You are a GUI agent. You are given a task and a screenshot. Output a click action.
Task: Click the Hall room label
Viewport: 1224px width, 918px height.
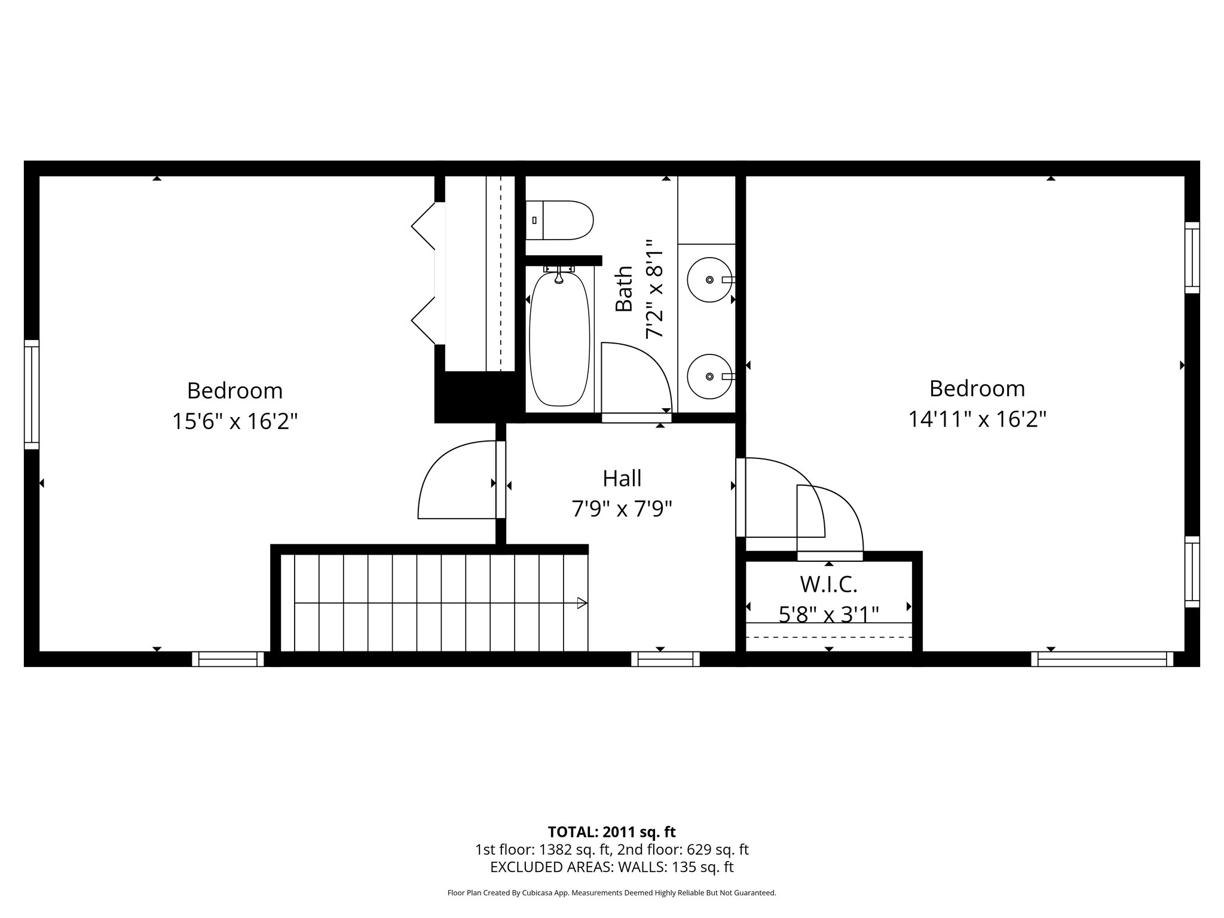tap(622, 478)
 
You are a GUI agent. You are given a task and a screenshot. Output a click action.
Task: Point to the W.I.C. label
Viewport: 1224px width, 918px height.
tap(828, 584)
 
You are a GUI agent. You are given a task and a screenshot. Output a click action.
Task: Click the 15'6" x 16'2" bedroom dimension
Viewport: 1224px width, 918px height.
tap(235, 421)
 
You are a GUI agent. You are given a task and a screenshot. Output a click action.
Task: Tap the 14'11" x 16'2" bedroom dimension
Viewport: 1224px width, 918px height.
tap(977, 420)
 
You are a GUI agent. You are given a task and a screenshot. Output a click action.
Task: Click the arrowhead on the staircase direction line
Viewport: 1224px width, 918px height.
tap(582, 603)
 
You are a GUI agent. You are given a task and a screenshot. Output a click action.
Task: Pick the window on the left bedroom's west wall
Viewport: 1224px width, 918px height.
tap(32, 394)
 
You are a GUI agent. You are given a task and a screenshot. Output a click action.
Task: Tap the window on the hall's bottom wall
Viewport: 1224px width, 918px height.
tap(665, 659)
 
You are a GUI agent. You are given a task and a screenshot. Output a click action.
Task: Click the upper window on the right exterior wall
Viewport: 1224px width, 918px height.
tap(1192, 258)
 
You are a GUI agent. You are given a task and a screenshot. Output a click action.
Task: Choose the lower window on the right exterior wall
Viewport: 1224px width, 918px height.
tap(1192, 572)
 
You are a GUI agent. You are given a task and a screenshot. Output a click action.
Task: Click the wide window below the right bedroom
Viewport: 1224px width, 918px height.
tap(1102, 659)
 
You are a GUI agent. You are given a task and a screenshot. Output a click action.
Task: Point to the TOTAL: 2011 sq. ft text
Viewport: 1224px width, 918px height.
tap(611, 831)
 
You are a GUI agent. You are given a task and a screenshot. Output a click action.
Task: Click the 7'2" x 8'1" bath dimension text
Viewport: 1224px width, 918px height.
tap(654, 289)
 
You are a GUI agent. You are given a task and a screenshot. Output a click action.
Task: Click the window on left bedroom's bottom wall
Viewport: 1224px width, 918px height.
tap(228, 659)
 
